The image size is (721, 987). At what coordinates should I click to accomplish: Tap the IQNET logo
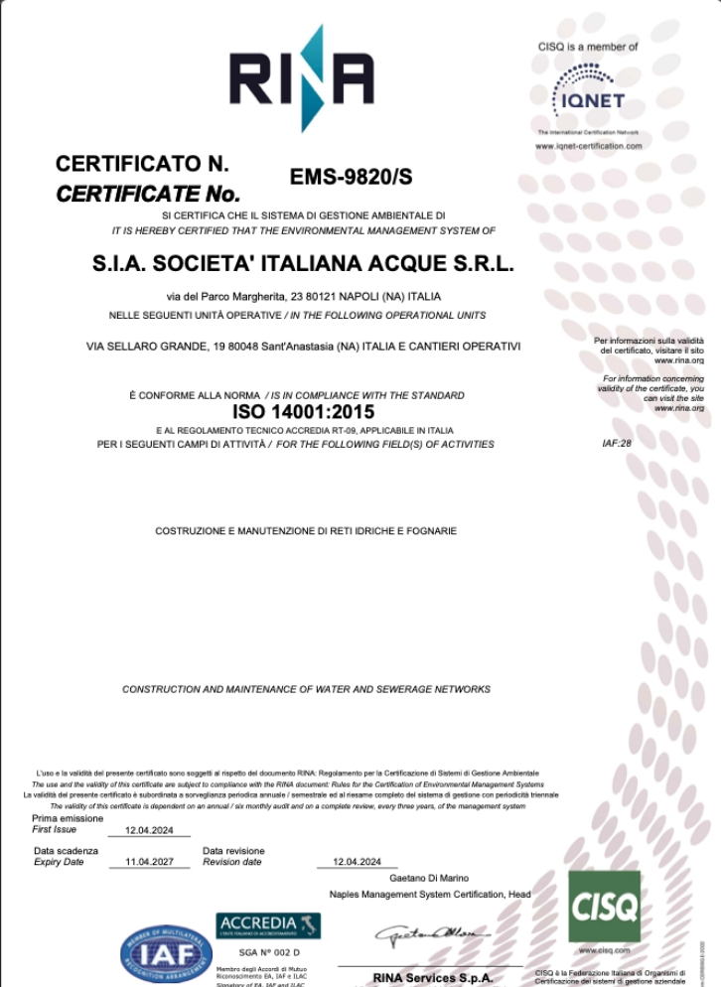coord(588,91)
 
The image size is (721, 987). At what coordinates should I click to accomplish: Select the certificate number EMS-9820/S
coord(351,178)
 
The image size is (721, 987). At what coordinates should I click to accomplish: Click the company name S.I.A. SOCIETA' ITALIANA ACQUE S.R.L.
coord(303,265)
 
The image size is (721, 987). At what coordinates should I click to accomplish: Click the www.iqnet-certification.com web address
coord(588,146)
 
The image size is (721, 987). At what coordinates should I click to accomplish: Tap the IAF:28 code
coord(617,443)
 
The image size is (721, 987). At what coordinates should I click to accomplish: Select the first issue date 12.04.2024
coord(149,830)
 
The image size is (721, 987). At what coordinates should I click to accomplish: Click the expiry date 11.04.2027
coord(149,862)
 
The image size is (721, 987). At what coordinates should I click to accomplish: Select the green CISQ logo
coord(604,906)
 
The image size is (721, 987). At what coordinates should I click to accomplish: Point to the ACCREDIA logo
coord(268,925)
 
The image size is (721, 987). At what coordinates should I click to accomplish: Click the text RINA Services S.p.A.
coord(433,978)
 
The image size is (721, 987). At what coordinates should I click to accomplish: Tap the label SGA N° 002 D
coord(263,952)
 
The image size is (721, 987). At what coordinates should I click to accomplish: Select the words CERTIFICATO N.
coord(143,164)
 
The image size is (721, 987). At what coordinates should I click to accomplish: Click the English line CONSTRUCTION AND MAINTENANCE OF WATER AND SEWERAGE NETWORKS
coord(306,689)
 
